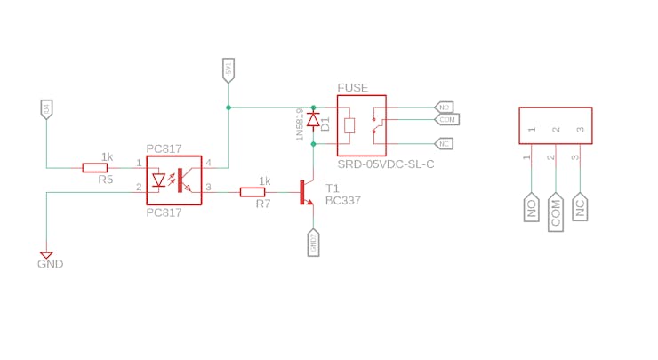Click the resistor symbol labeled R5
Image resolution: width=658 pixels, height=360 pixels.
click(x=95, y=167)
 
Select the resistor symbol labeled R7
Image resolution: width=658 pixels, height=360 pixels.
click(x=253, y=191)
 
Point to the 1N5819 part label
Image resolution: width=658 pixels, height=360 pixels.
click(x=300, y=124)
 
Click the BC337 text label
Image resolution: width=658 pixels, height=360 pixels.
click(x=343, y=201)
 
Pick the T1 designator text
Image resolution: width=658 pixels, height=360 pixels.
click(x=333, y=188)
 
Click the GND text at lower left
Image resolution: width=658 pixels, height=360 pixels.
click(x=50, y=264)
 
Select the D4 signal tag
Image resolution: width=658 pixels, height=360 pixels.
click(x=46, y=109)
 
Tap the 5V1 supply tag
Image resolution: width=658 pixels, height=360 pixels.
click(x=229, y=69)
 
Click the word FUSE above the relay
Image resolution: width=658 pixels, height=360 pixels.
click(x=353, y=88)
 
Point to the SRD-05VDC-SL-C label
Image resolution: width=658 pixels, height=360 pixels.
click(x=385, y=164)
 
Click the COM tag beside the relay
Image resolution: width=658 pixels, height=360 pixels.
click(x=446, y=119)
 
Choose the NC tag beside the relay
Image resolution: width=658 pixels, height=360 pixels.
click(x=444, y=143)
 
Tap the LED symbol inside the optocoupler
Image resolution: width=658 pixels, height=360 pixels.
click(x=160, y=180)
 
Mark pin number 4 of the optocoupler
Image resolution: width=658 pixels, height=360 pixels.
click(x=208, y=163)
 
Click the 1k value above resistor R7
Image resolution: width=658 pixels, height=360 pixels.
click(x=264, y=180)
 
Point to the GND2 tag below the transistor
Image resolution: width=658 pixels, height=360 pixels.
click(x=313, y=243)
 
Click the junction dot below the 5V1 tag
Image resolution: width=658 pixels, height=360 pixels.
click(x=229, y=108)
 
